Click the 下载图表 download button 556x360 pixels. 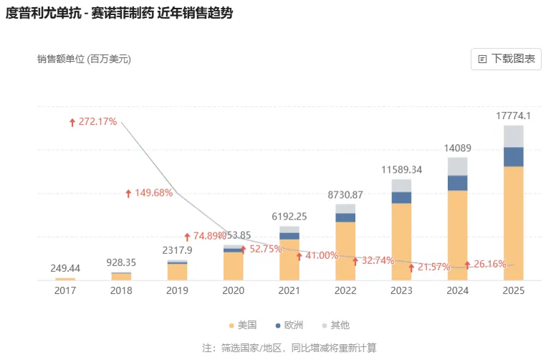[x=506, y=59]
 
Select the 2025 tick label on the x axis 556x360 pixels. [x=514, y=290]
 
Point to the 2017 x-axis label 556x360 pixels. [x=65, y=290]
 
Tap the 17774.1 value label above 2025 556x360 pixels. [x=514, y=115]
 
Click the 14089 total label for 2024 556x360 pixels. [x=457, y=148]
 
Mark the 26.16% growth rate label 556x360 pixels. [x=489, y=264]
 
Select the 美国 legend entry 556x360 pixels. [x=242, y=326]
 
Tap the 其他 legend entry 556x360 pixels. [x=335, y=326]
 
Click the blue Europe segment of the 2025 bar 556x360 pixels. [x=514, y=156]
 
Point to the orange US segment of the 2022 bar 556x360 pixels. [x=345, y=250]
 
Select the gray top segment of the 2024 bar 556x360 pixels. [x=457, y=166]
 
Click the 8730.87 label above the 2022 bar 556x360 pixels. [x=345, y=195]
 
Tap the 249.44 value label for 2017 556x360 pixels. [x=65, y=268]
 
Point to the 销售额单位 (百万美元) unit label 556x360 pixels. [x=84, y=60]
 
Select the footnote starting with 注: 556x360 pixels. [x=289, y=349]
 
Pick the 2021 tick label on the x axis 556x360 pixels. [x=289, y=290]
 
